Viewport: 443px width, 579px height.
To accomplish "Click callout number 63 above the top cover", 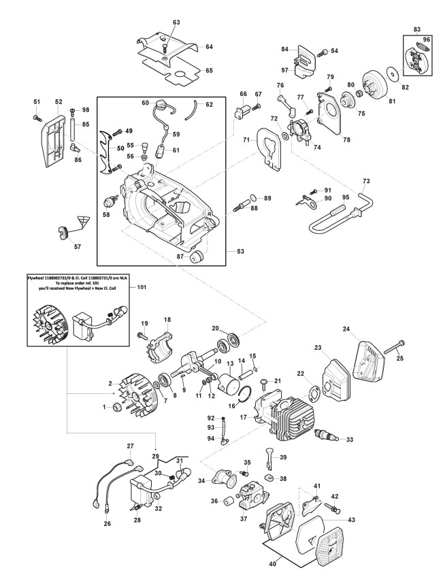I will tap(176, 22).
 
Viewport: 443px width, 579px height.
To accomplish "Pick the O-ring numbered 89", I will tap(252, 199).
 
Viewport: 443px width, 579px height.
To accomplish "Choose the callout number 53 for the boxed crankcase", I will tap(240, 251).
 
